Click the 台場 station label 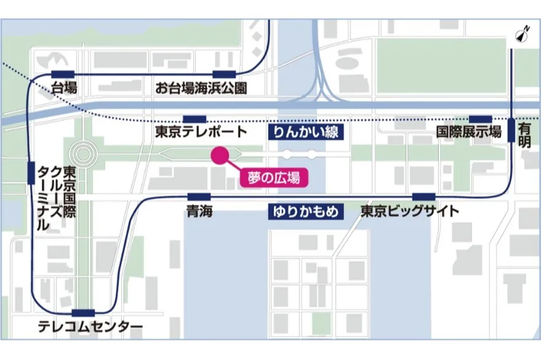(x=64, y=88)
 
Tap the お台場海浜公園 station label (x=201, y=88)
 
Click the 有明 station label (x=524, y=135)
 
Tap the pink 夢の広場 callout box (x=274, y=178)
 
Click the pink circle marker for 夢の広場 (x=219, y=155)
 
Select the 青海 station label (x=199, y=212)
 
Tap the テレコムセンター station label (x=90, y=327)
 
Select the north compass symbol (x=524, y=36)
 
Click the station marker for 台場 (x=63, y=74)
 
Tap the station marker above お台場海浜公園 (x=225, y=74)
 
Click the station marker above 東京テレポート (x=195, y=118)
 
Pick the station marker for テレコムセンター (x=84, y=313)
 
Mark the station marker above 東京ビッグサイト (x=424, y=197)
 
